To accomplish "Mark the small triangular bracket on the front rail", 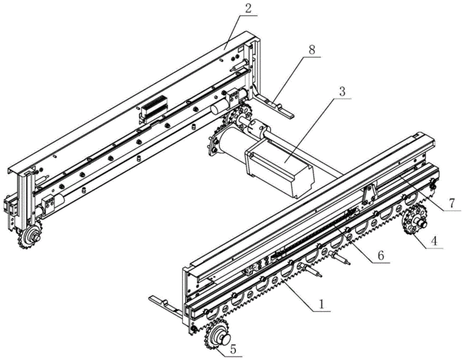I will (370, 194).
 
